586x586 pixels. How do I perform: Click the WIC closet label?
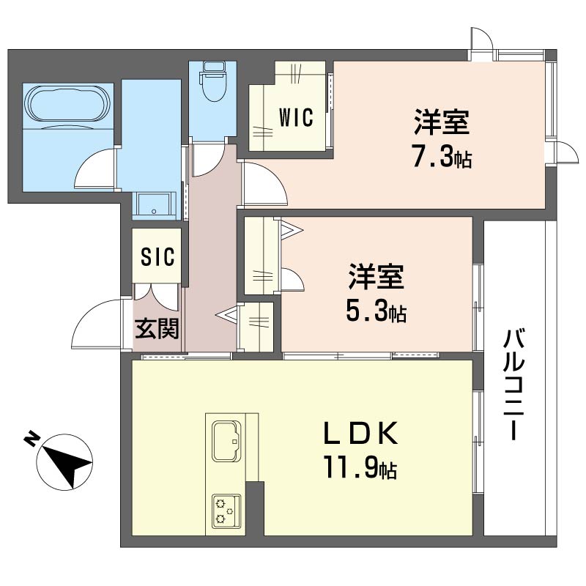point(296,116)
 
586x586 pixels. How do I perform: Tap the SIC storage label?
point(157,256)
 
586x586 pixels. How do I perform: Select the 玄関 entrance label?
point(157,329)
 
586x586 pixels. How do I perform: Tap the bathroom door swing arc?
point(97,166)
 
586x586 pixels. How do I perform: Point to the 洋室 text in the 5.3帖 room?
point(377,278)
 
